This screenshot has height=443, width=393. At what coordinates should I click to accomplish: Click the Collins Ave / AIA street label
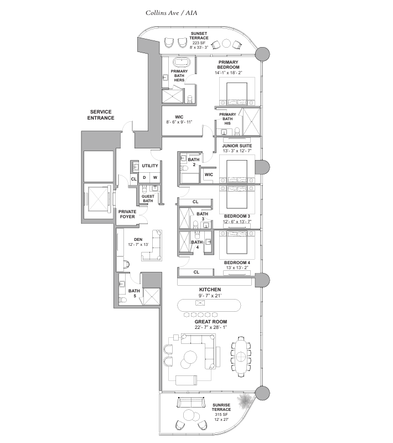click(172, 13)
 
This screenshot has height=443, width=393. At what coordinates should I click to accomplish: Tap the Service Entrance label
click(101, 115)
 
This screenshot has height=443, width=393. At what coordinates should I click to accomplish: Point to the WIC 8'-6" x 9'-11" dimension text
click(179, 122)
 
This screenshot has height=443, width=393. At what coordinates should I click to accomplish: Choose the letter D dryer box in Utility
click(144, 177)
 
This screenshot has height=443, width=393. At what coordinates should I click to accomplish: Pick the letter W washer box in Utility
click(155, 177)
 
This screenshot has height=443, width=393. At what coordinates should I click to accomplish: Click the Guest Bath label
click(148, 199)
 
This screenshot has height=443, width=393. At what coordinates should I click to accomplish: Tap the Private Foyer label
click(127, 214)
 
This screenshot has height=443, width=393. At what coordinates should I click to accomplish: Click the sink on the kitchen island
click(200, 303)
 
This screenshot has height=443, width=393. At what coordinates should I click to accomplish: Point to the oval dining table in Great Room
click(240, 357)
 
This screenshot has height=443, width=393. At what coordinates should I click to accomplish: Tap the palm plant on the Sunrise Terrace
click(244, 401)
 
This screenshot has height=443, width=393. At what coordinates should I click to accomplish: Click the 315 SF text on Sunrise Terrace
click(221, 415)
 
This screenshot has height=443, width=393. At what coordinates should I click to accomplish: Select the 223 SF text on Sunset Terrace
click(199, 43)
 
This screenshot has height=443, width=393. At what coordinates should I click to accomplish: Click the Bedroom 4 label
click(237, 262)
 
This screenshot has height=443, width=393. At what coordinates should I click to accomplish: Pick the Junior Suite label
click(237, 146)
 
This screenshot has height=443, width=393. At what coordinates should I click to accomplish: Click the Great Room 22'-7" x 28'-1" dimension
click(211, 327)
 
